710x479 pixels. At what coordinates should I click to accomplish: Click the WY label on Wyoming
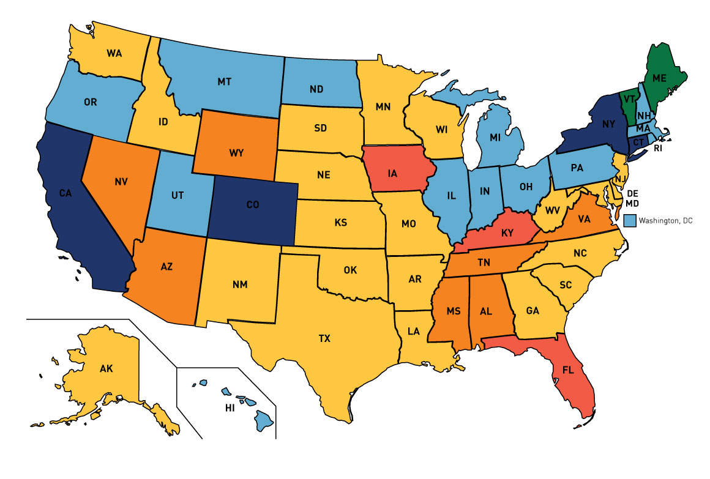pos(237,152)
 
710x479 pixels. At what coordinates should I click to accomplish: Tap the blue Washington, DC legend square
pos(630,220)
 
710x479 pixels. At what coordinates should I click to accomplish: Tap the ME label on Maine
pos(659,78)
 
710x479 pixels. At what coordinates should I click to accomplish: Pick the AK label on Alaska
pos(107,368)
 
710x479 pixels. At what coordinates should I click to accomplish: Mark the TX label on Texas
pos(324,338)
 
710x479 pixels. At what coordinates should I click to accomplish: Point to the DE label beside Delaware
pos(632,193)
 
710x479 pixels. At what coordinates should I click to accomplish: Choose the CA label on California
pos(67,195)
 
